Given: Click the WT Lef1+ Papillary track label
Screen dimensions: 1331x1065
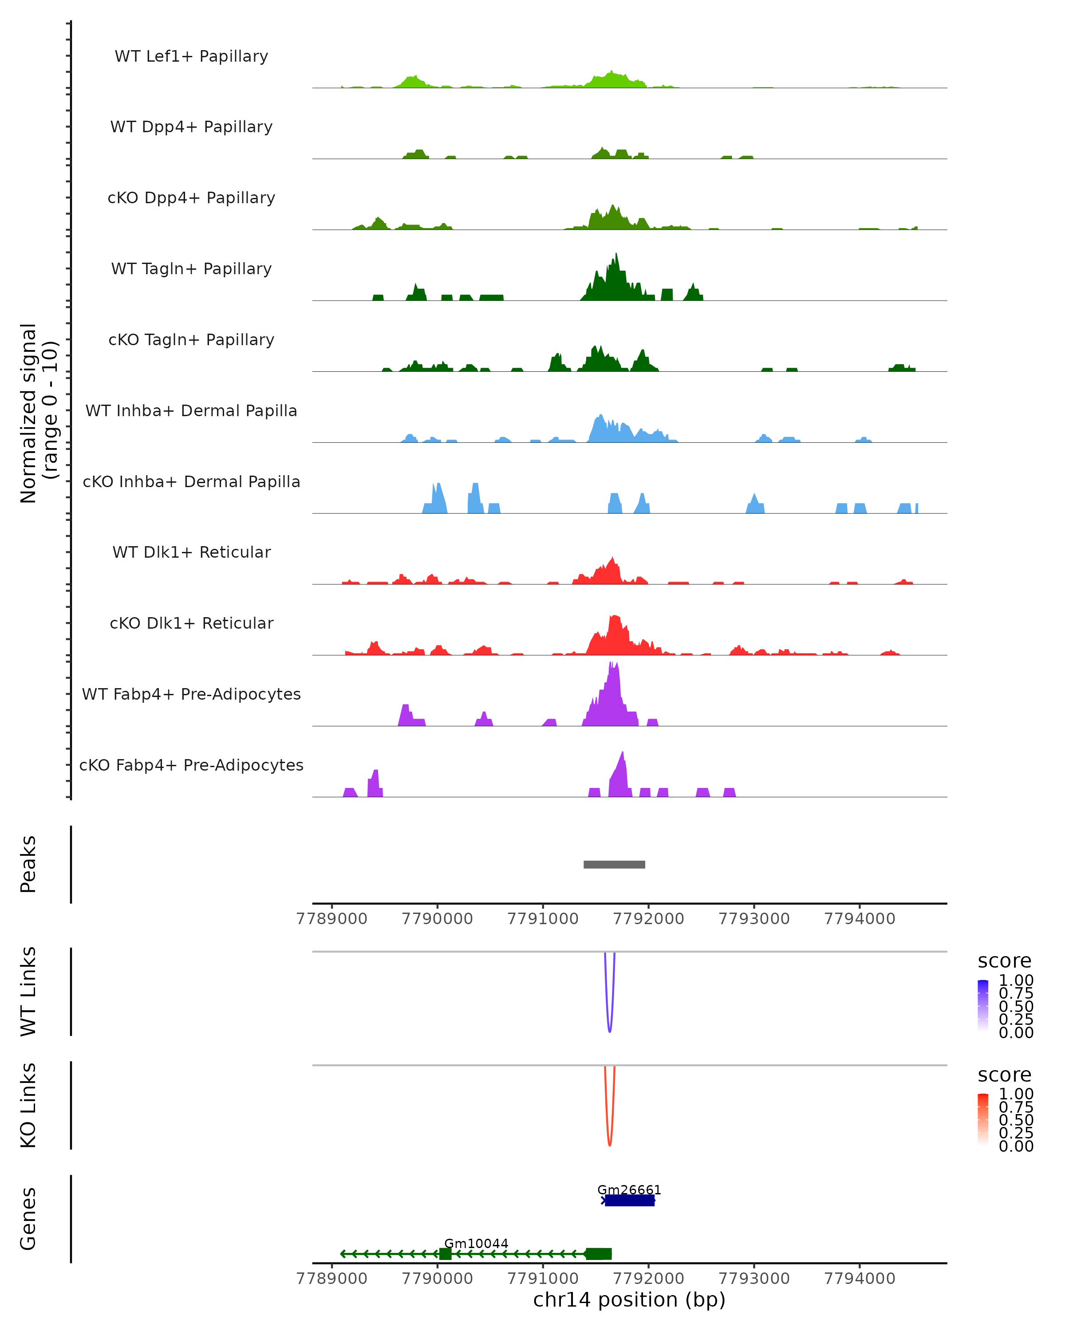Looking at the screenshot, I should (191, 56).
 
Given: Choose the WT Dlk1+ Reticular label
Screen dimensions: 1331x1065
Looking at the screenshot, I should (191, 552).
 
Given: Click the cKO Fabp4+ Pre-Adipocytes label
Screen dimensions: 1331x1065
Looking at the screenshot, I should (191, 765).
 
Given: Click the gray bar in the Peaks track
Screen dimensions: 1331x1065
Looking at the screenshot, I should (614, 864).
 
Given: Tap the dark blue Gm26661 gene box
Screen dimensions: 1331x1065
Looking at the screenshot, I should (630, 1201).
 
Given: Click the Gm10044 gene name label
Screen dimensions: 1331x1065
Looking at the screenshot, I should (476, 1243).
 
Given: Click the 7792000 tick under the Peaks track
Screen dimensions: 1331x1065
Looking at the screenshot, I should (648, 919).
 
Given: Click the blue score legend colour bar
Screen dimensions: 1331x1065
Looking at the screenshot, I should (983, 1006).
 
